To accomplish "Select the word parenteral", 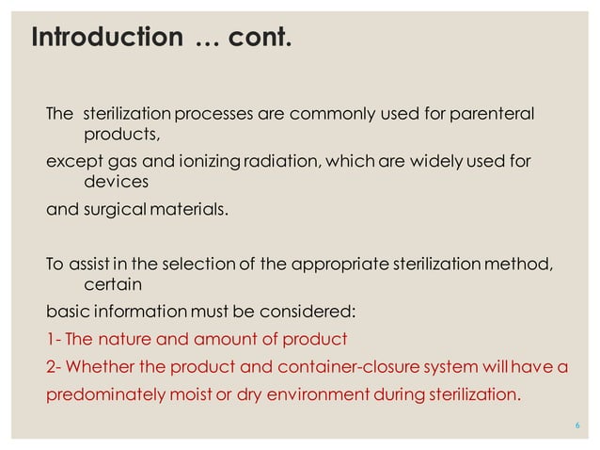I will pyautogui.click(x=492, y=115).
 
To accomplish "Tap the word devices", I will pyautogui.click(x=117, y=183).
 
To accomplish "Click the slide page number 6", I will pyautogui.click(x=576, y=426).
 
